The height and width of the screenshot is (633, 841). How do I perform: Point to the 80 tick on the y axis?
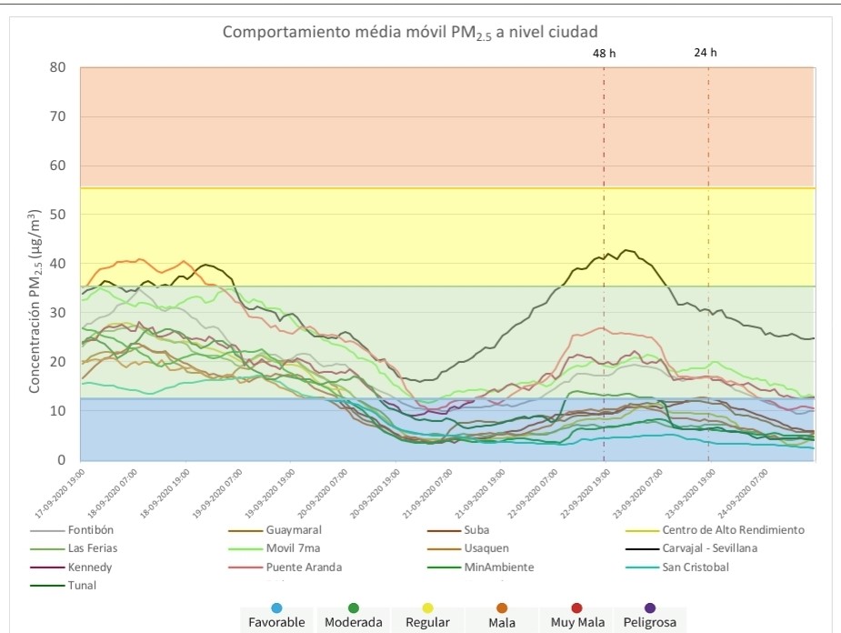tap(59, 67)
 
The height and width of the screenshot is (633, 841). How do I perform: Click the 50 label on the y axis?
tap(59, 215)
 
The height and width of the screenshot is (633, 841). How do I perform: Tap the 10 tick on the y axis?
tap(59, 411)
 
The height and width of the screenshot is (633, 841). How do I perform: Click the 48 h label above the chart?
tap(605, 53)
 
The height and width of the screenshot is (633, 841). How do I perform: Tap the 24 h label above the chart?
tap(706, 53)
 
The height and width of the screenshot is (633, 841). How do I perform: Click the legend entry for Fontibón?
tap(91, 529)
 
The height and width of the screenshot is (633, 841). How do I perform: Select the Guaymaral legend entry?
tap(293, 529)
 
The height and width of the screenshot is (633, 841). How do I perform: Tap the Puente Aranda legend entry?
tap(304, 568)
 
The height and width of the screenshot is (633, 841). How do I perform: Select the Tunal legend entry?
tap(82, 586)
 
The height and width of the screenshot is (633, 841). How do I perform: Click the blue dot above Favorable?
tap(276, 607)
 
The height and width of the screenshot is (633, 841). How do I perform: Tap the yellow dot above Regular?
tap(428, 607)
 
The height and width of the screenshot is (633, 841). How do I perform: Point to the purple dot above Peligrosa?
tap(648, 607)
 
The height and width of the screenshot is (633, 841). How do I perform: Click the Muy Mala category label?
tap(573, 623)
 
